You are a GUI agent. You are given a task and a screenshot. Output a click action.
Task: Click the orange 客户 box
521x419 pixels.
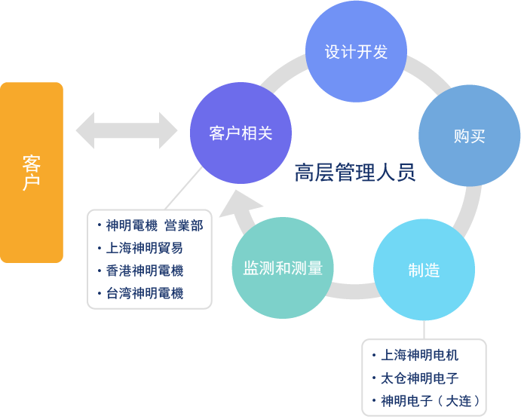click(32, 173)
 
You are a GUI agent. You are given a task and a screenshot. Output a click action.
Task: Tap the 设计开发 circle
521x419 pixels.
click(356, 52)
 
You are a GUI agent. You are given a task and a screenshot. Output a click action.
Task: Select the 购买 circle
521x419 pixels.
click(469, 136)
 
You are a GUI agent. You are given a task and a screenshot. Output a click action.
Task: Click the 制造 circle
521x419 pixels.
click(424, 270)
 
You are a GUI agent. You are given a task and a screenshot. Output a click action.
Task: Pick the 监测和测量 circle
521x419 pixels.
click(282, 268)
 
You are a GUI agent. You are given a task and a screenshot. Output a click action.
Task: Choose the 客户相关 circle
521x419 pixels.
click(241, 133)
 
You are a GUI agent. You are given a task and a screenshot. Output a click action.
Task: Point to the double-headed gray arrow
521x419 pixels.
click(126, 130)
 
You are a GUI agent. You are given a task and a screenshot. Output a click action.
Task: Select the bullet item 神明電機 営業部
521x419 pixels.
click(154, 225)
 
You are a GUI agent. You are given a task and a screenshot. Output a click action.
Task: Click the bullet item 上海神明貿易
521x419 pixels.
click(144, 248)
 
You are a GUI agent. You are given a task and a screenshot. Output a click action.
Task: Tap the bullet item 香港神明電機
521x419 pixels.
click(145, 271)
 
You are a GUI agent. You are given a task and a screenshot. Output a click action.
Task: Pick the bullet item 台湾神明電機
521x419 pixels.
click(145, 293)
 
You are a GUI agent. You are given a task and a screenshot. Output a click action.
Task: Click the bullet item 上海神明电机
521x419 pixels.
click(419, 355)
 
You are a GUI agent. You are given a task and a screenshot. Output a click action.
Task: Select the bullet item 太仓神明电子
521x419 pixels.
click(419, 378)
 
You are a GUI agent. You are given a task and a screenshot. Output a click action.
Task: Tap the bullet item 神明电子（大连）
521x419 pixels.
click(430, 400)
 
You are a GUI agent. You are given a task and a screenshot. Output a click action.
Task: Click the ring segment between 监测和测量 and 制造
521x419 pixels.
click(351, 290)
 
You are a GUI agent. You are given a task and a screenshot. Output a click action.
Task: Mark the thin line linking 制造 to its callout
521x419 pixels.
click(424, 329)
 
